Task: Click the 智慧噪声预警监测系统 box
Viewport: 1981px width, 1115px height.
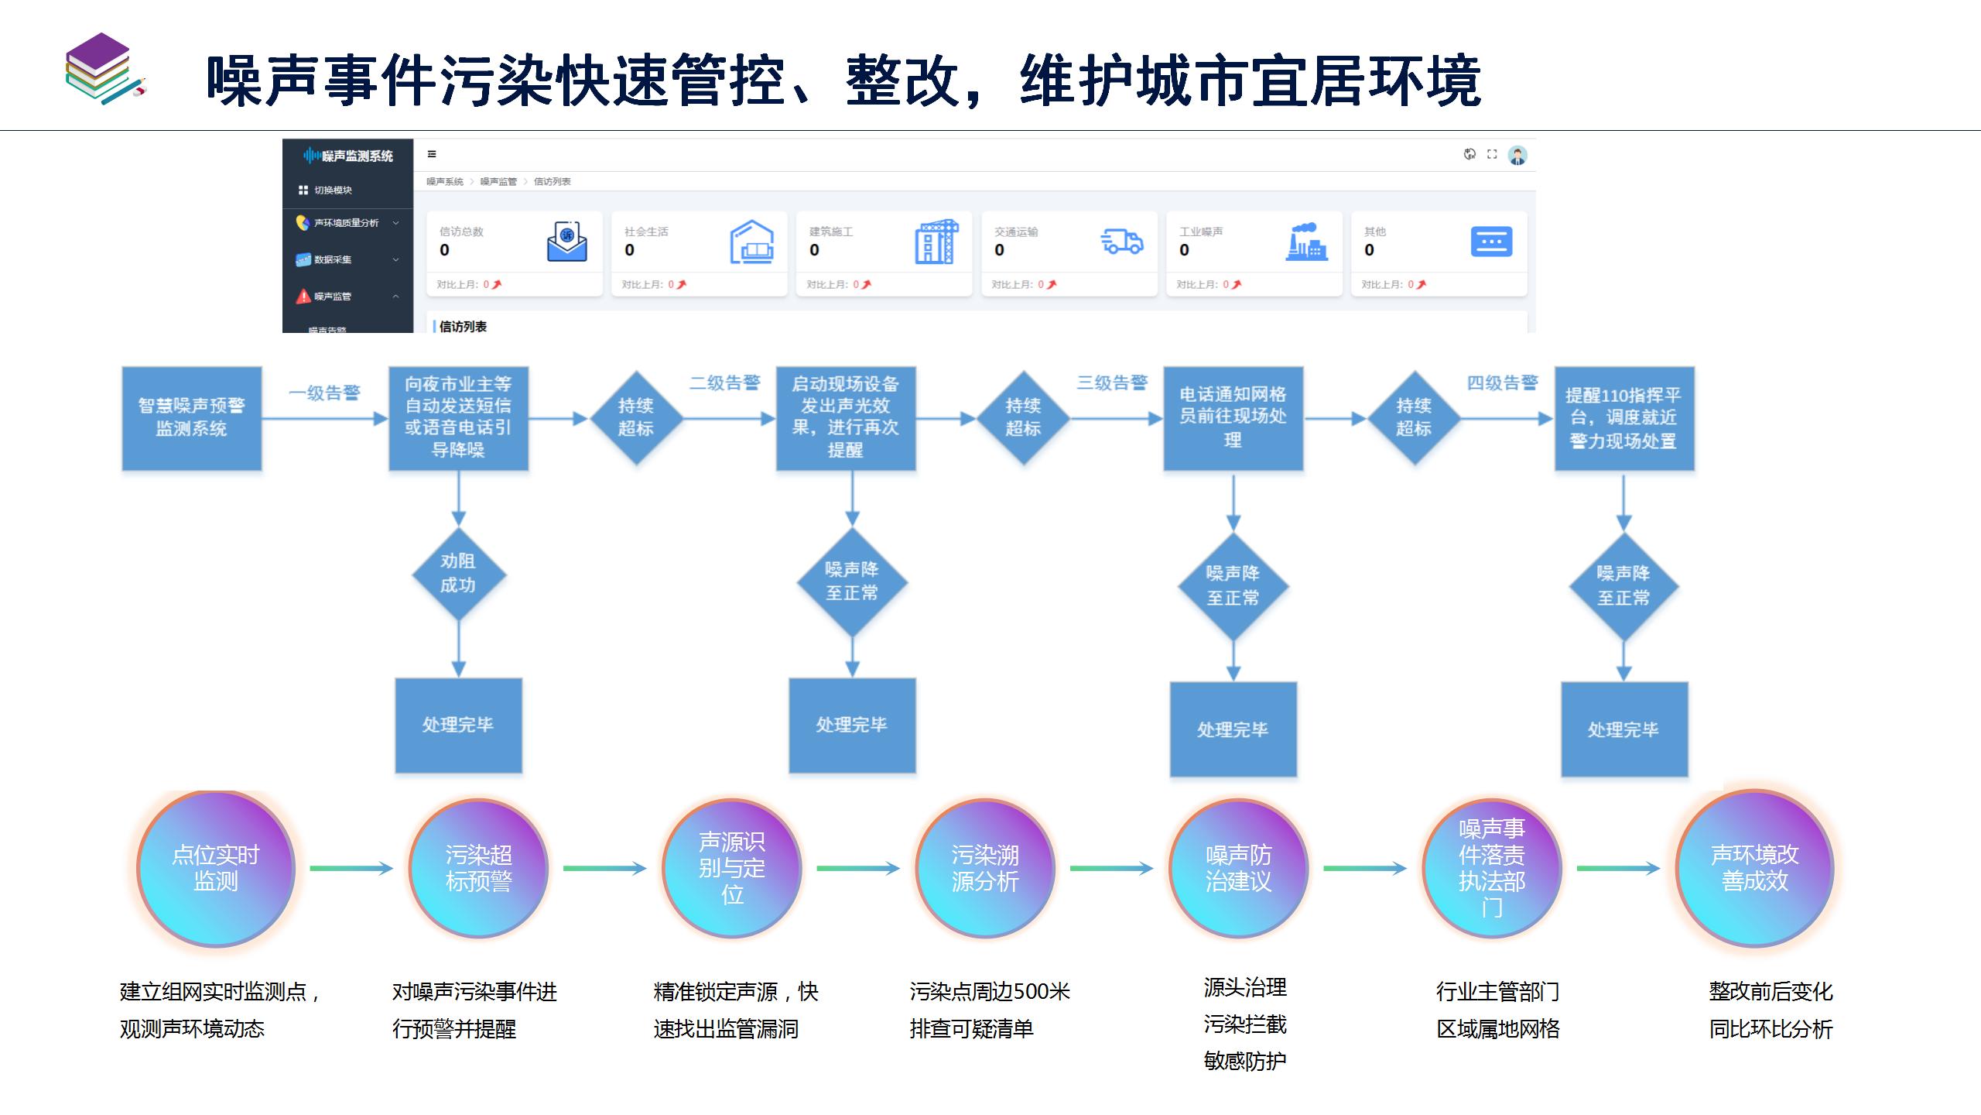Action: [192, 418]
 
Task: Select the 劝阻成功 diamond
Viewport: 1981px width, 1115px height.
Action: [458, 574]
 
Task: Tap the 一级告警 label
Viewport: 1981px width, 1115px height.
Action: [324, 393]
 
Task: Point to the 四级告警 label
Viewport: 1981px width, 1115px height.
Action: [1502, 383]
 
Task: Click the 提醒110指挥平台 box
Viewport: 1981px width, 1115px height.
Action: [1623, 418]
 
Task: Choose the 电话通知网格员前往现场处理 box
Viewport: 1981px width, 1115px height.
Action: [1233, 418]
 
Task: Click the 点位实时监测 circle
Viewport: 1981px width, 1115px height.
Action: [216, 868]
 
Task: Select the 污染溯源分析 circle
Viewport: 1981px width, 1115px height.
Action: [985, 868]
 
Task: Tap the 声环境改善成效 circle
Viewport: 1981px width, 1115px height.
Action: [1754, 868]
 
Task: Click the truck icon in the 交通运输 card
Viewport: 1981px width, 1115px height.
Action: [1122, 242]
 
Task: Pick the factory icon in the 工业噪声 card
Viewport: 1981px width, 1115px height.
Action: [1306, 242]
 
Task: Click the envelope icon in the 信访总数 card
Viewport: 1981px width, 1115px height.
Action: [567, 242]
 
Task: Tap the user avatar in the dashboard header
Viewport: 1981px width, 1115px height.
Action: [1517, 155]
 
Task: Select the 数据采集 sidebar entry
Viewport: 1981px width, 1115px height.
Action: [333, 259]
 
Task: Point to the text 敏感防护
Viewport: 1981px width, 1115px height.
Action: [1245, 1061]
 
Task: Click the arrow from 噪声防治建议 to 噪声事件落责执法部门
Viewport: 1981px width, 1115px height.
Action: [1364, 868]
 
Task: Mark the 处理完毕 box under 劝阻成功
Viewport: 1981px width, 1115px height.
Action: [458, 725]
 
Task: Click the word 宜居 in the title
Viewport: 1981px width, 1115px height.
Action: [1306, 81]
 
